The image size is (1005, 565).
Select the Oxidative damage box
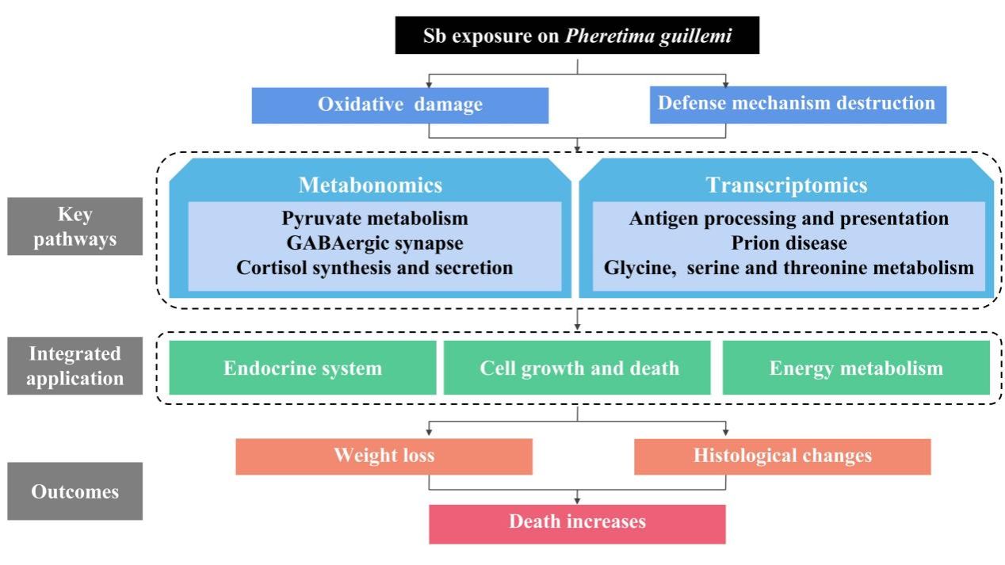pyautogui.click(x=400, y=105)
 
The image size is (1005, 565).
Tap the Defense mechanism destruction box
pyautogui.click(x=797, y=104)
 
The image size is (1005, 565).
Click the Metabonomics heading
pyautogui.click(x=370, y=185)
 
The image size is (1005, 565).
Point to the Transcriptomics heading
pyautogui.click(x=786, y=185)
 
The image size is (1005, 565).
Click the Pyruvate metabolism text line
pyautogui.click(x=375, y=218)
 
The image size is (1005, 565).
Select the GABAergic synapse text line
pyautogui.click(x=375, y=242)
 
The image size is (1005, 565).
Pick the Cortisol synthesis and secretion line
pyautogui.click(x=375, y=268)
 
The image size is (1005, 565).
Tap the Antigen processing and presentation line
pyautogui.click(x=789, y=218)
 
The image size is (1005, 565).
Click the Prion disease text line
pyautogui.click(x=789, y=242)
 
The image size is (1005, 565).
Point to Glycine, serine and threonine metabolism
pyautogui.click(x=789, y=268)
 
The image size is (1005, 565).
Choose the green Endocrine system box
pyautogui.click(x=303, y=368)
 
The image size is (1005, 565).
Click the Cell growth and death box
pyautogui.click(x=579, y=368)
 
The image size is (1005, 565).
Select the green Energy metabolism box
pyautogui.click(x=856, y=368)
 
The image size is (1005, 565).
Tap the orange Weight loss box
pyautogui.click(x=384, y=456)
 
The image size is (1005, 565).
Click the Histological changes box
pyautogui.click(x=782, y=456)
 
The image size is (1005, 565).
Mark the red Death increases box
pyautogui.click(x=577, y=522)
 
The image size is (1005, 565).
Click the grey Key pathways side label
pyautogui.click(x=75, y=227)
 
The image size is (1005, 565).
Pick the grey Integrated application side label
pyautogui.click(x=75, y=365)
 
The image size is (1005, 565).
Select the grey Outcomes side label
pyautogui.click(x=75, y=491)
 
